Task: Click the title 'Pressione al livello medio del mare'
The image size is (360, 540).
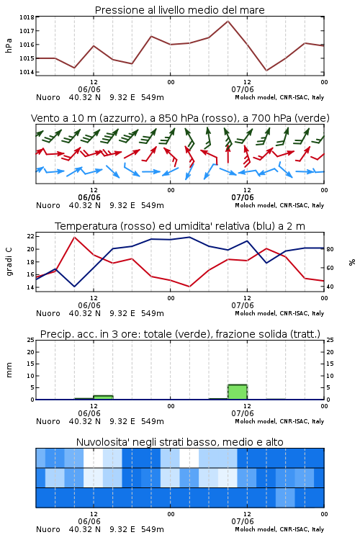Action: pyautogui.click(x=179, y=10)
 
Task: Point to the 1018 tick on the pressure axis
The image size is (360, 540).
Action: pyautogui.click(x=27, y=17)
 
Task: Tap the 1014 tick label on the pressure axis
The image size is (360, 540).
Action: pyautogui.click(x=27, y=72)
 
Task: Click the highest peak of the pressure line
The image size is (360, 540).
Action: pyautogui.click(x=228, y=21)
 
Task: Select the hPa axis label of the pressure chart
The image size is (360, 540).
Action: pyautogui.click(x=9, y=45)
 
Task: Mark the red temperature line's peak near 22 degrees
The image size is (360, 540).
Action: pyautogui.click(x=74, y=237)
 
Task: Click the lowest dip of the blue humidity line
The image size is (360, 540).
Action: pyautogui.click(x=74, y=287)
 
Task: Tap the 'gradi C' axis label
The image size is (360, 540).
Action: pyautogui.click(x=9, y=261)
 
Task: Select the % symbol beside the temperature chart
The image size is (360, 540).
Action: pyautogui.click(x=352, y=262)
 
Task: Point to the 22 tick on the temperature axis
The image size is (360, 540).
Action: pyautogui.click(x=30, y=236)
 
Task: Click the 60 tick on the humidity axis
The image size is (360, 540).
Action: pyautogui.click(x=330, y=268)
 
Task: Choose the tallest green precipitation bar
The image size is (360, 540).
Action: pyautogui.click(x=238, y=392)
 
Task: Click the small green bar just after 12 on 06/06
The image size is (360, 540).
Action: pyautogui.click(x=103, y=397)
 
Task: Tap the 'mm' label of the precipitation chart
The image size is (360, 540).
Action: pyautogui.click(x=9, y=370)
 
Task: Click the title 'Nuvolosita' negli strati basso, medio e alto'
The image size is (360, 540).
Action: pyautogui.click(x=179, y=442)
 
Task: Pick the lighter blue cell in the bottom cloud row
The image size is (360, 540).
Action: pyautogui.click(x=285, y=498)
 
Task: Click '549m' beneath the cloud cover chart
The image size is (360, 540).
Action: pyautogui.click(x=152, y=529)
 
